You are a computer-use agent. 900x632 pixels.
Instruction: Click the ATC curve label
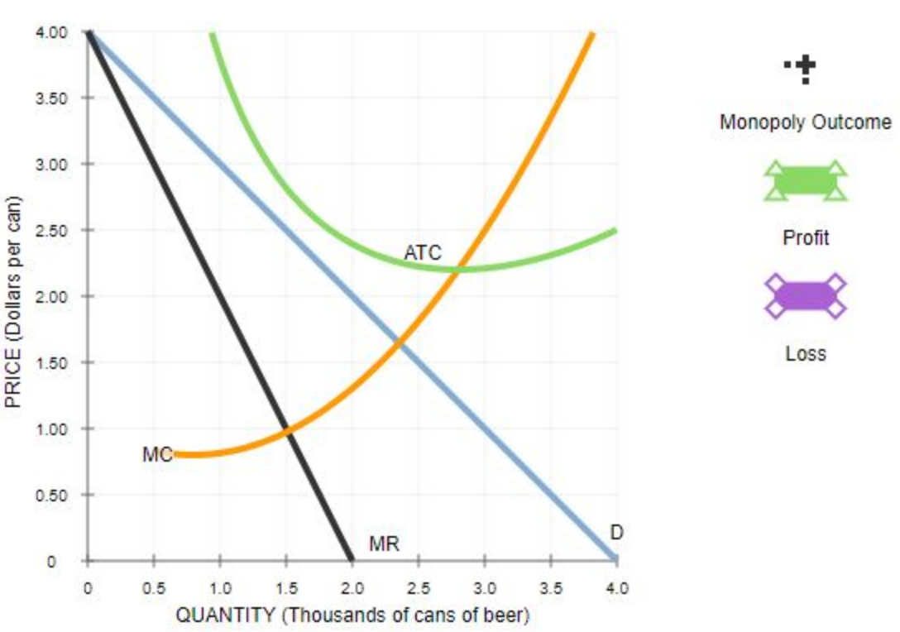click(422, 252)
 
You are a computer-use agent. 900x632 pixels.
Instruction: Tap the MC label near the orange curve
click(156, 454)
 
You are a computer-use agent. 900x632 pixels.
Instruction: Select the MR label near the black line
click(384, 543)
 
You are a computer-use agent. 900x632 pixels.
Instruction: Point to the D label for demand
click(616, 533)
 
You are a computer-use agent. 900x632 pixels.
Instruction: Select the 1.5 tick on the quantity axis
click(285, 588)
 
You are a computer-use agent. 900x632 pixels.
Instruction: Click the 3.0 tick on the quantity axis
click(484, 588)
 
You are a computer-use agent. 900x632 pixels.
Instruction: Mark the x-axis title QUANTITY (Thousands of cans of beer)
click(352, 615)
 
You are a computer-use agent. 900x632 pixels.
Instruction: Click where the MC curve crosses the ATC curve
click(457, 268)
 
